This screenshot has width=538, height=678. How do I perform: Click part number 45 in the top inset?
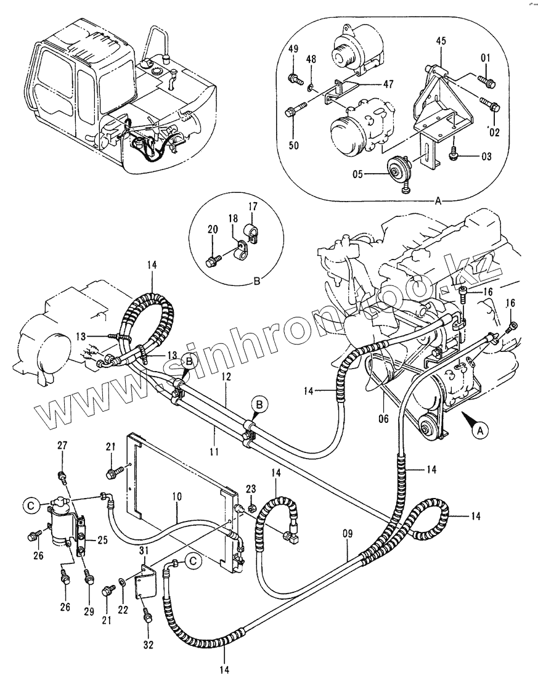point(441,41)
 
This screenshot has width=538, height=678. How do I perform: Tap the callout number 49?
point(293,49)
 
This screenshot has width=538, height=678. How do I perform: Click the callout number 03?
point(486,157)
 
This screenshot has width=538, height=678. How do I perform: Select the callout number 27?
point(62,445)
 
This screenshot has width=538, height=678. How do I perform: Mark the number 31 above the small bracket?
point(144,550)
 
